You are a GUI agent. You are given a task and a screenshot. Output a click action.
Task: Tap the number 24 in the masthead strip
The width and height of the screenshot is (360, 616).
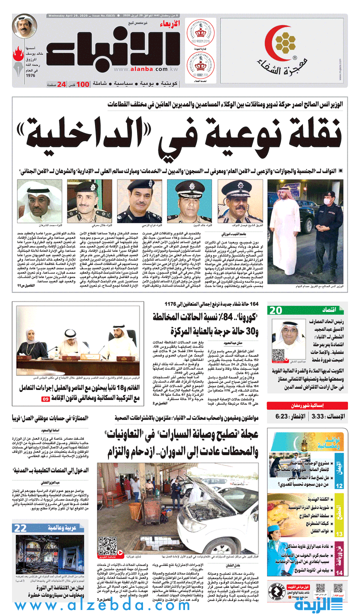pos(61,84)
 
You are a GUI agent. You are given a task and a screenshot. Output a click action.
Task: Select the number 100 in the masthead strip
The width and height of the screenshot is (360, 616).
pos(83,84)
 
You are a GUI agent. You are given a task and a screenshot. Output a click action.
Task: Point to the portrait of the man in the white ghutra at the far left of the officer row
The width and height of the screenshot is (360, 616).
pos(35,200)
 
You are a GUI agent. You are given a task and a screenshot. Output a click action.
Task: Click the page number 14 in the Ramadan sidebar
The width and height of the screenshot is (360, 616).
pos(339,572)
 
